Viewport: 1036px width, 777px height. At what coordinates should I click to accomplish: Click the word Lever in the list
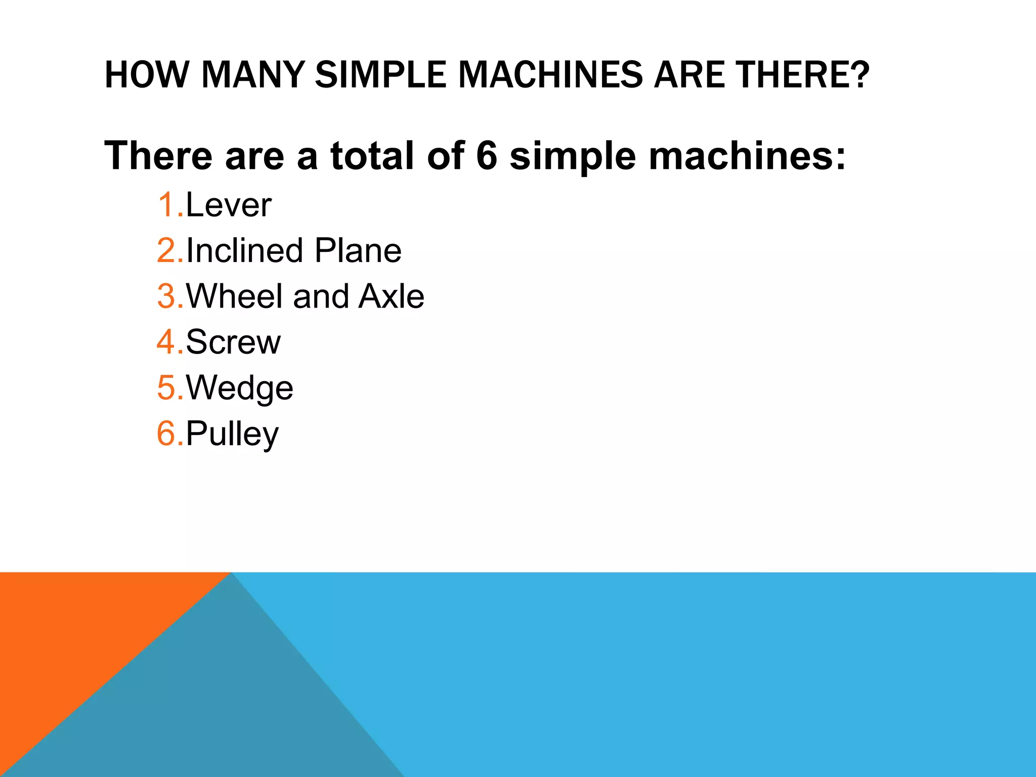point(229,205)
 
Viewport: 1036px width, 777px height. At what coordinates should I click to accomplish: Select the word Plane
point(358,251)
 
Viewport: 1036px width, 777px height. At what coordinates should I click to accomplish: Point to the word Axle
point(392,296)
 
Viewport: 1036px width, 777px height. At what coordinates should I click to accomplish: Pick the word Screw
point(233,342)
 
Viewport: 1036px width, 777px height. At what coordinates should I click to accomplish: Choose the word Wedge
point(240,388)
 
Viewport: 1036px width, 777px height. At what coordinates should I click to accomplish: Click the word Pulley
point(232,434)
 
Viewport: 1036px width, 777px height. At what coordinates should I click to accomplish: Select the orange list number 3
point(166,296)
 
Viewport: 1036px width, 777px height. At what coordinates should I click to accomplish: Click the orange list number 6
point(166,434)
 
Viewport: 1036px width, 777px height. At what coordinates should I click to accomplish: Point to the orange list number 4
point(166,342)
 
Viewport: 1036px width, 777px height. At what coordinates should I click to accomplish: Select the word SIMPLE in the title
point(380,75)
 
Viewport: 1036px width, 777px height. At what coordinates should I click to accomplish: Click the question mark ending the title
point(859,75)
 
